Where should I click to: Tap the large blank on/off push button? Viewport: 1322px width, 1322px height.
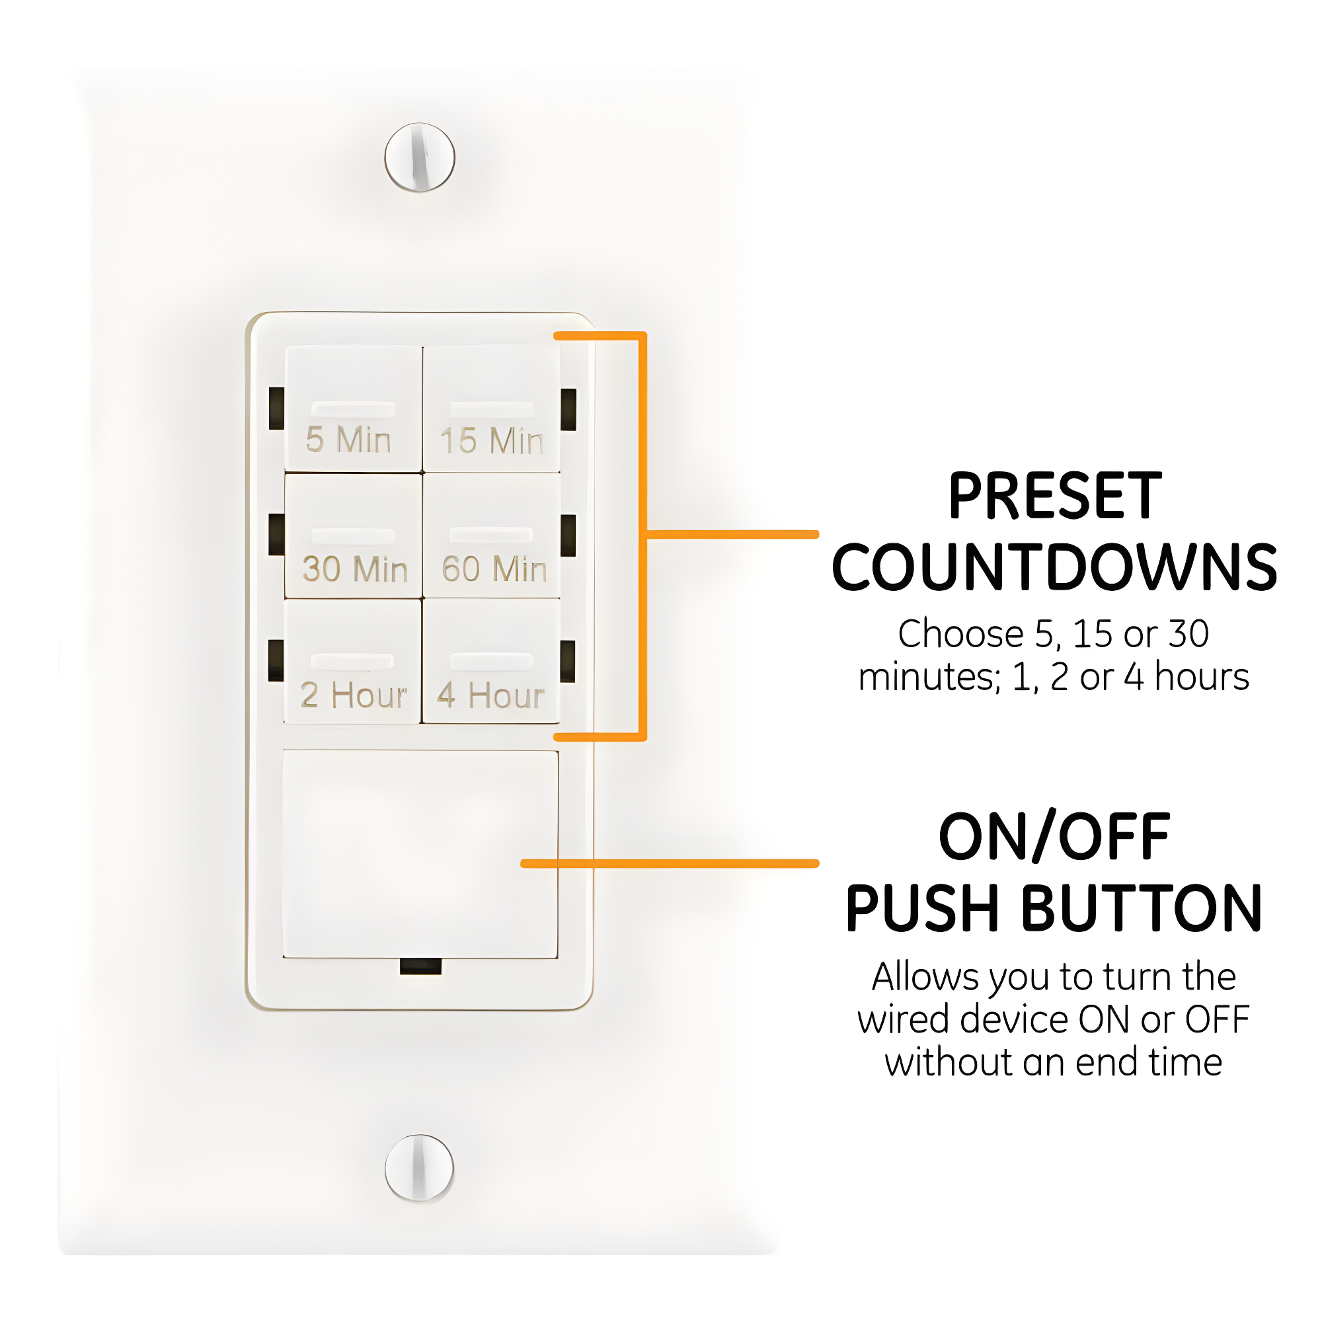[420, 854]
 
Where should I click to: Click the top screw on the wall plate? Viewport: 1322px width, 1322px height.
[420, 157]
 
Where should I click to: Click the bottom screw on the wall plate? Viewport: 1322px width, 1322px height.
[420, 1167]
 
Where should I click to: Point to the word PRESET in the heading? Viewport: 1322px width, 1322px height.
[1054, 497]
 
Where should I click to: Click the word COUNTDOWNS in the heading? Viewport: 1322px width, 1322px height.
[1054, 568]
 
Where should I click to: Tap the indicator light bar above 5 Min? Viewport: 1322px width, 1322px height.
[353, 409]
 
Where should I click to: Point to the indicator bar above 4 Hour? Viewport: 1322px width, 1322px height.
[491, 661]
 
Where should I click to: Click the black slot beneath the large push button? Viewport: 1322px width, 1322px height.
[420, 966]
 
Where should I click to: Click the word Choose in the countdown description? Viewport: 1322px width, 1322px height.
[960, 634]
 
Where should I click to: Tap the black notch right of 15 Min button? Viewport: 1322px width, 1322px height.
[568, 409]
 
